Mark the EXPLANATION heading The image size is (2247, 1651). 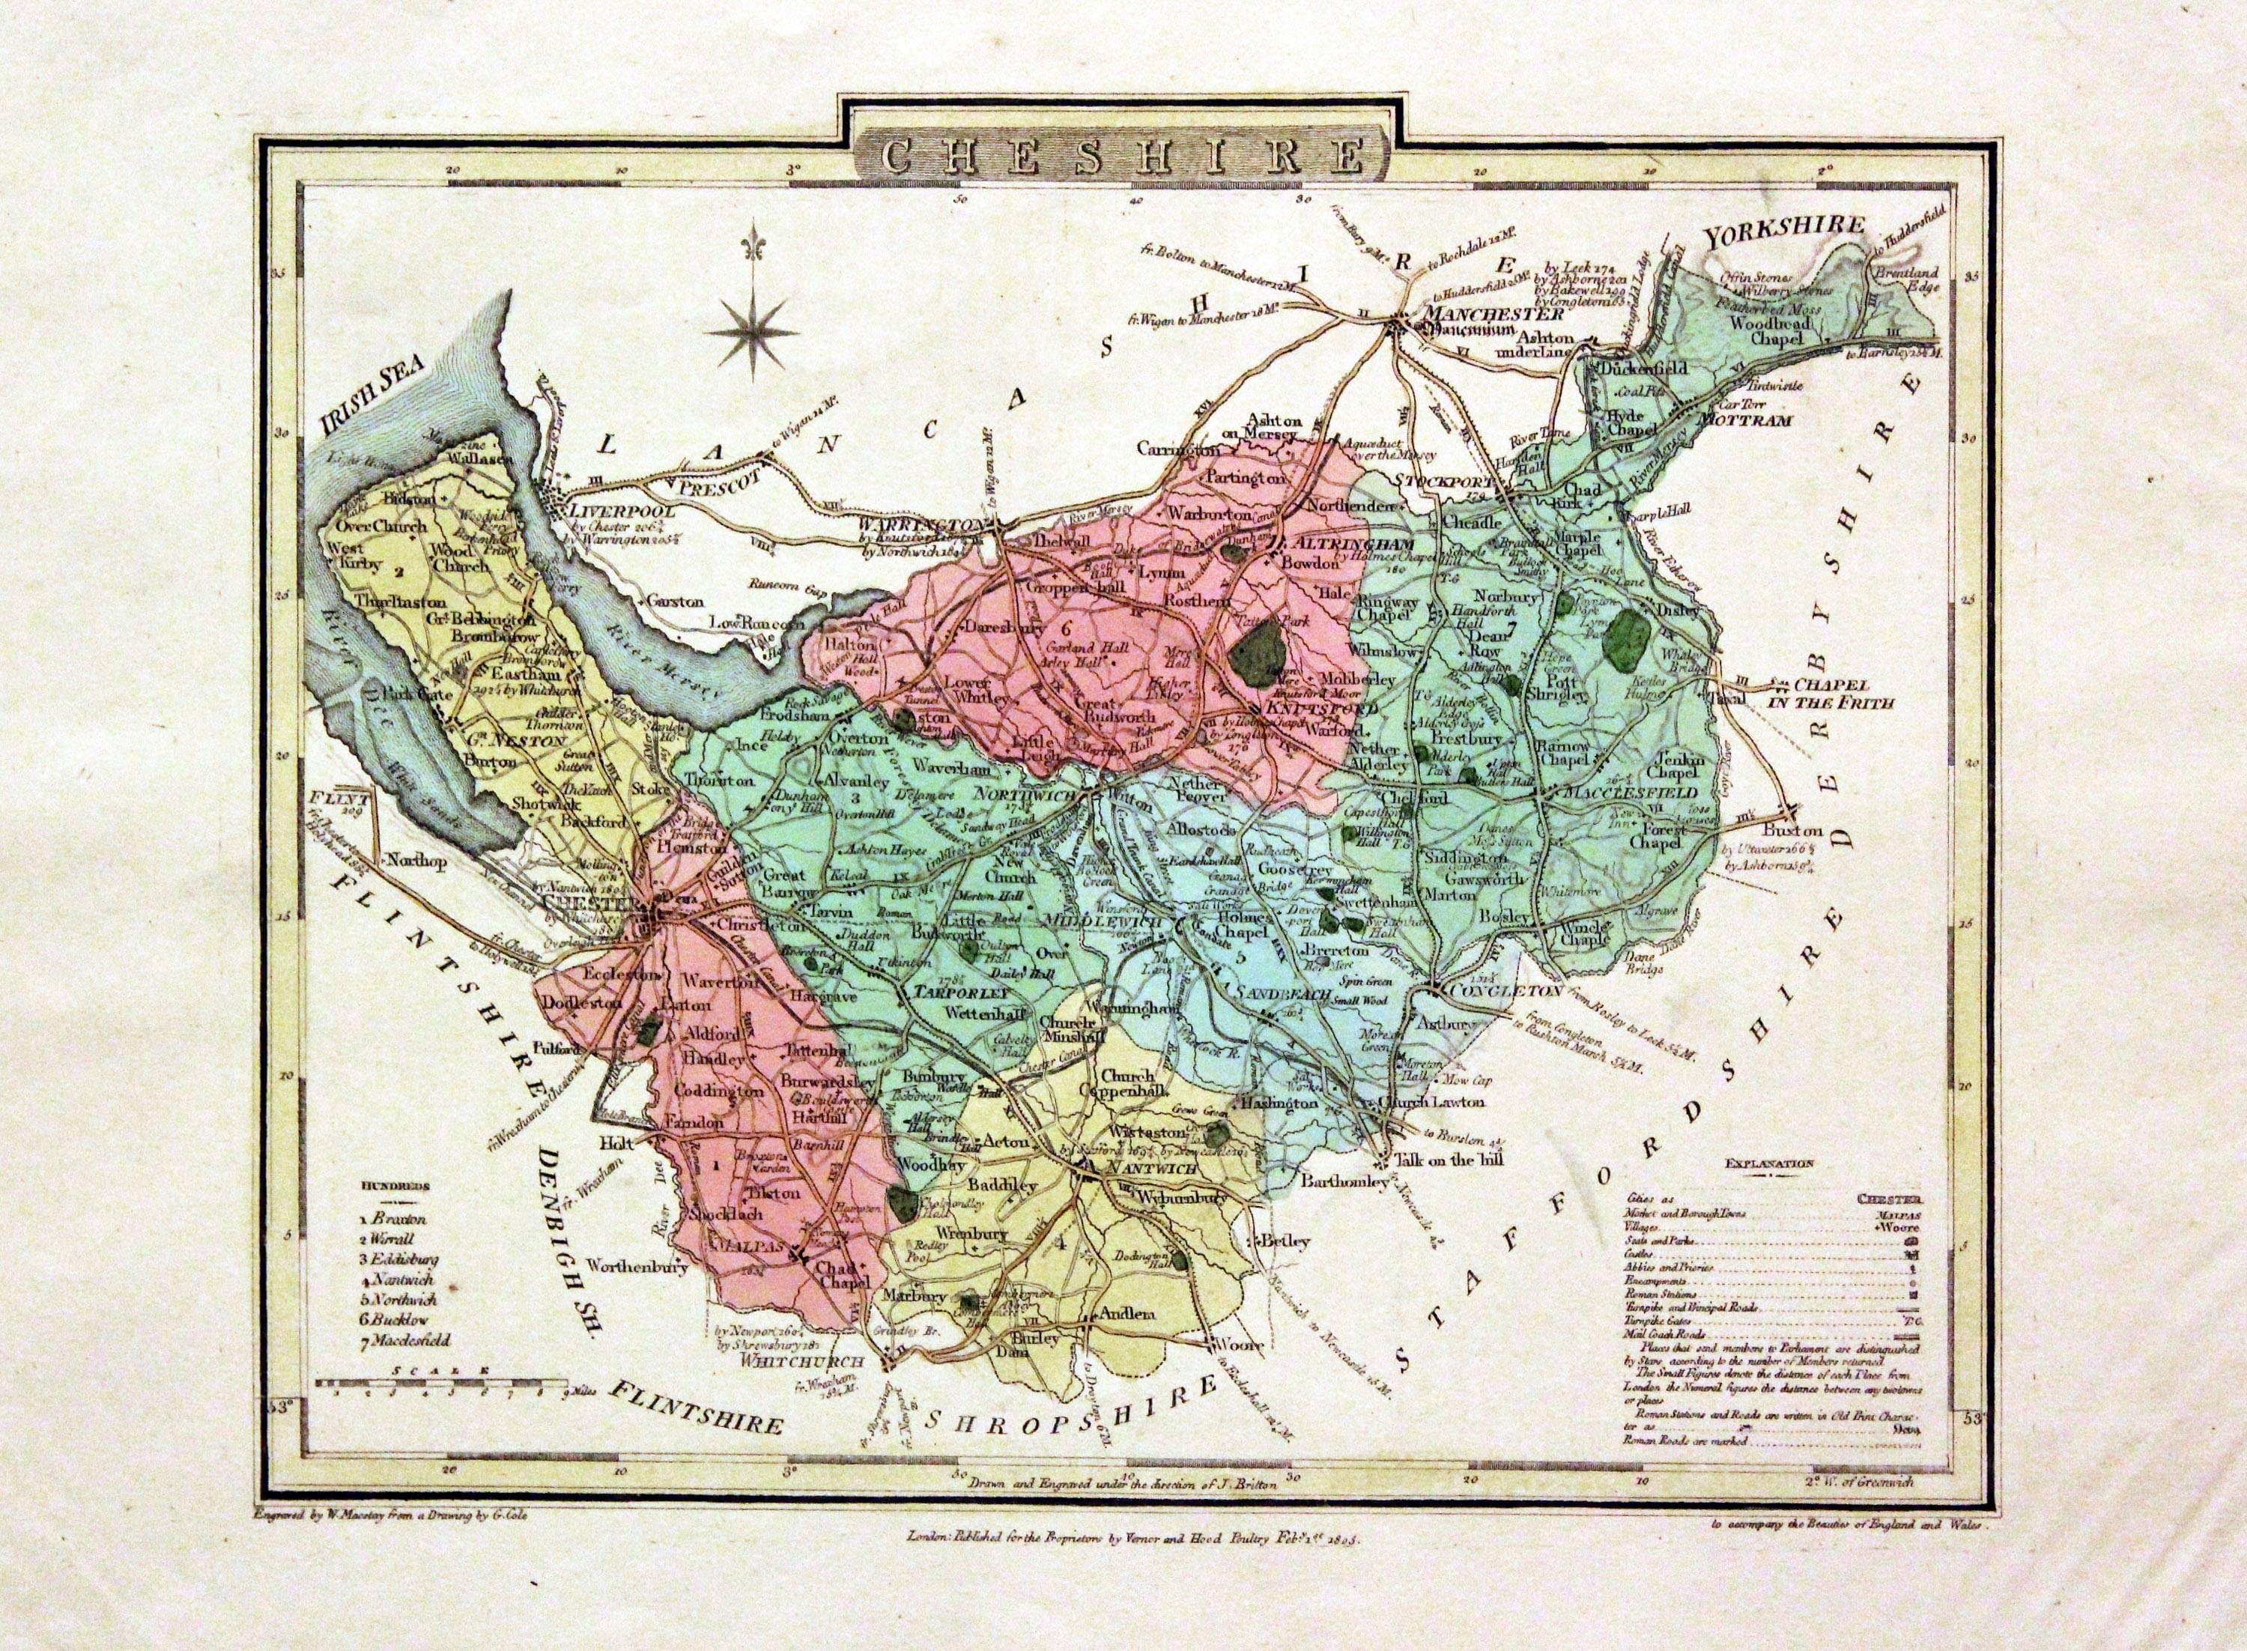tap(1768, 1163)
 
